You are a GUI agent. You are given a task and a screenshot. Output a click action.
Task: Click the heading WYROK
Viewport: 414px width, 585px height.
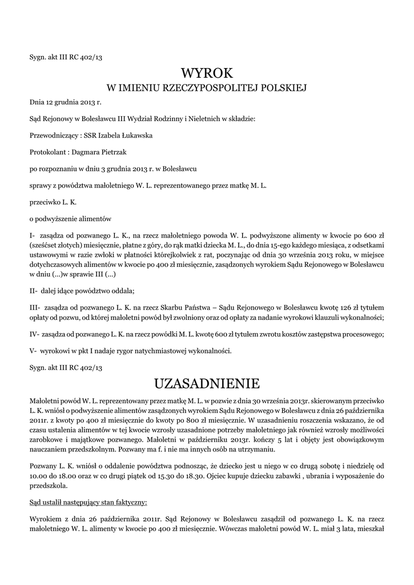point(207,73)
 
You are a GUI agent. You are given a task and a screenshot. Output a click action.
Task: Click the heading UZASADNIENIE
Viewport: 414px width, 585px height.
point(207,382)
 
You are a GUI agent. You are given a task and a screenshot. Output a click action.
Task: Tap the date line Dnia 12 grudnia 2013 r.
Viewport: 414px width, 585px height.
point(65,102)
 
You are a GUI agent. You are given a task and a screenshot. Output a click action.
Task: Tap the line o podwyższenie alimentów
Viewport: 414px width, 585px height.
point(70,218)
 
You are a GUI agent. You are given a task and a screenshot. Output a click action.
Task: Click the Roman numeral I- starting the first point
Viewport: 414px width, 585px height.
point(33,235)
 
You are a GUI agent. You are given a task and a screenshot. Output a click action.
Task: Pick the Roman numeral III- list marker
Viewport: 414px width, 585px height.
point(35,307)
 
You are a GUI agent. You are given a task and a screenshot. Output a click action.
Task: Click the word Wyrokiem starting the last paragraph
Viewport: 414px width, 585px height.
point(46,519)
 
